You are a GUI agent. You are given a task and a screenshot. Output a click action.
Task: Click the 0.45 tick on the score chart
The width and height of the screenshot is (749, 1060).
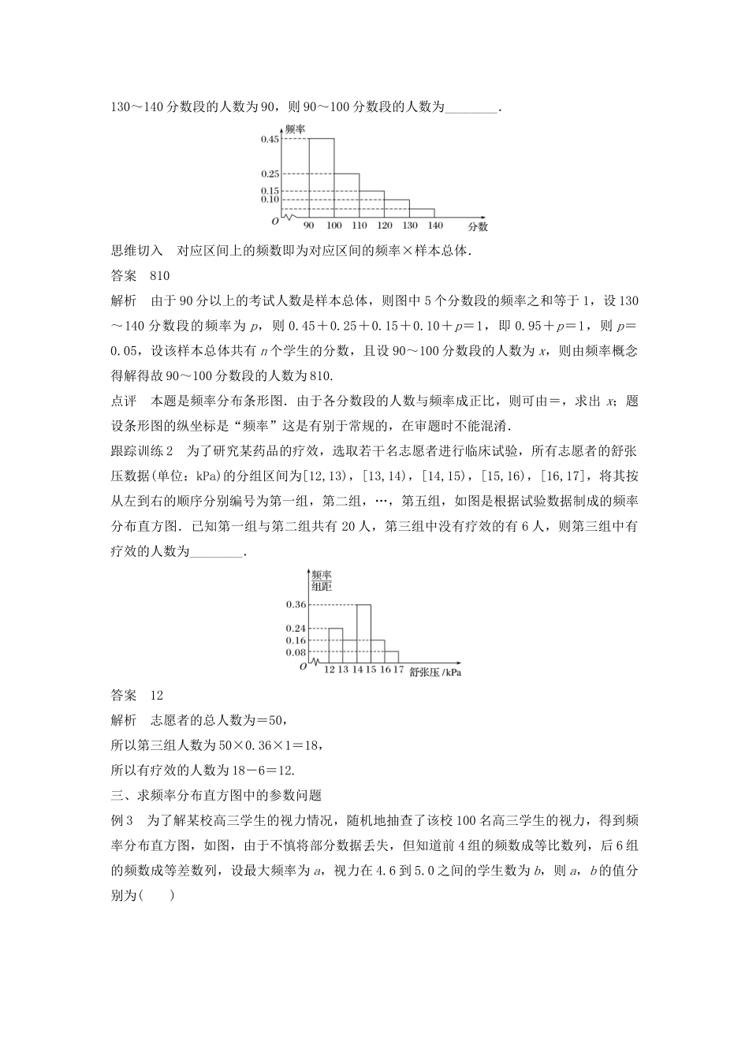(270, 140)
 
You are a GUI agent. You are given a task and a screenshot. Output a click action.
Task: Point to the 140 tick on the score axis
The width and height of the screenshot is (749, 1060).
(434, 226)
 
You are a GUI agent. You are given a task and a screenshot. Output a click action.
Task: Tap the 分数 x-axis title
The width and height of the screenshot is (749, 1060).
(478, 226)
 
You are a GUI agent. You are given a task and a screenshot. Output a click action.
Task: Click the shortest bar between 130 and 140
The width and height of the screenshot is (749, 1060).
(422, 213)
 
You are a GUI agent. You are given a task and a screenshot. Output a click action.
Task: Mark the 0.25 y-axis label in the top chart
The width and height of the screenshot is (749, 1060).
(270, 174)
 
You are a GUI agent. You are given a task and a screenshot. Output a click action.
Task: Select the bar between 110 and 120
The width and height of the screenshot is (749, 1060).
(371, 203)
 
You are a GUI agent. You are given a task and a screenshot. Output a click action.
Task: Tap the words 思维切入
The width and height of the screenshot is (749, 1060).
(136, 251)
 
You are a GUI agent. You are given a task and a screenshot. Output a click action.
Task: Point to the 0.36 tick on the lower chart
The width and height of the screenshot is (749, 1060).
(296, 604)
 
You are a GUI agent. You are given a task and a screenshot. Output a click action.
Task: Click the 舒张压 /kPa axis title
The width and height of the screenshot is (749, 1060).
(435, 672)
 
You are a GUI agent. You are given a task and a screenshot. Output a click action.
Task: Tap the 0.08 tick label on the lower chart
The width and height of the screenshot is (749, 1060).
(296, 652)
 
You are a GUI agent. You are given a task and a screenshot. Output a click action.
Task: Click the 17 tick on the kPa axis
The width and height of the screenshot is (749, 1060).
(398, 670)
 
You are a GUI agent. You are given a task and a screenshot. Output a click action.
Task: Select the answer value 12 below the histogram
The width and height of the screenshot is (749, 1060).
(156, 695)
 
